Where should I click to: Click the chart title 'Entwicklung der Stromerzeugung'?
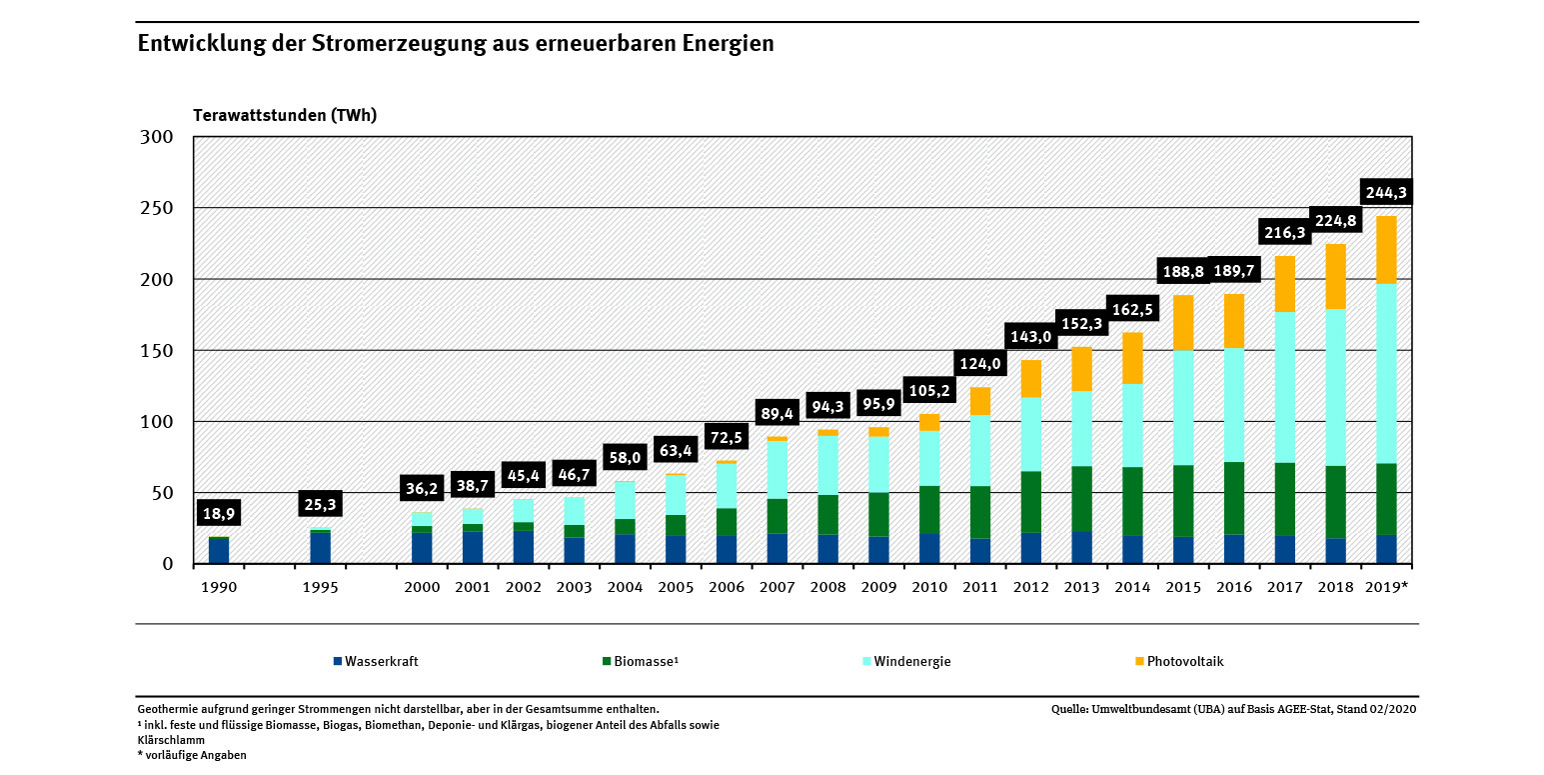455,44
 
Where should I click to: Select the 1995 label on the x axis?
320,588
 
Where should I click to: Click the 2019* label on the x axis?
1385,588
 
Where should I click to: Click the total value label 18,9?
219,514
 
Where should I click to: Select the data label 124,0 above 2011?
980,363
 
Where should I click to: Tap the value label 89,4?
776,413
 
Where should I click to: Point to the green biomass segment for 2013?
1082,498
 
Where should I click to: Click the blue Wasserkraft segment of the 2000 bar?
422,548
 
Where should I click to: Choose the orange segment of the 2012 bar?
1031,378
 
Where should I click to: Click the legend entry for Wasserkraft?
376,662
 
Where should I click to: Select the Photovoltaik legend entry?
1178,662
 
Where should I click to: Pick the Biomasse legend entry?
642,662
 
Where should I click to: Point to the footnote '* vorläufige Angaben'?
192,755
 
